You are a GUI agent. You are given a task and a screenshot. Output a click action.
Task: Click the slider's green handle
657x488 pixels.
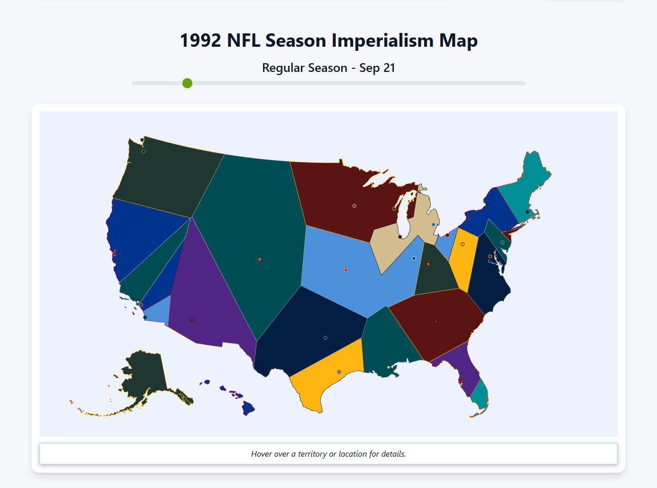[x=187, y=83]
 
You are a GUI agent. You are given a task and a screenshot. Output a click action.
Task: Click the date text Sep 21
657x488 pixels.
[x=377, y=68]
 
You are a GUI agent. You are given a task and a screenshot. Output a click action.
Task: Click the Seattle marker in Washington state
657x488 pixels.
[x=144, y=152]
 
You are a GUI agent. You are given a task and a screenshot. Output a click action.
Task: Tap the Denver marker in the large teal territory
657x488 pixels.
[x=260, y=259]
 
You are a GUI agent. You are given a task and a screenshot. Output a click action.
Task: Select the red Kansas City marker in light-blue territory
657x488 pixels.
[x=346, y=270]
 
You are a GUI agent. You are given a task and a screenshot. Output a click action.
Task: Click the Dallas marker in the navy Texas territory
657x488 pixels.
[x=325, y=338]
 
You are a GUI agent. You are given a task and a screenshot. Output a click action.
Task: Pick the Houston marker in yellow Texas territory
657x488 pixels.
[x=339, y=372]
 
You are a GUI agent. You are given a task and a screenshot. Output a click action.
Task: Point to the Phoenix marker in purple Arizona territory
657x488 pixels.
[x=192, y=320]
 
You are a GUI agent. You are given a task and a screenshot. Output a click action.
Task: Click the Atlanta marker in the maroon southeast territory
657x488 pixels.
[x=436, y=322]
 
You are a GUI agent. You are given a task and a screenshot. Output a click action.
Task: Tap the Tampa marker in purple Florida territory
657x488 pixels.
[x=461, y=381]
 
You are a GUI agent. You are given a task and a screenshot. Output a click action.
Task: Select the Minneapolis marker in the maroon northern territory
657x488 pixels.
[x=354, y=206]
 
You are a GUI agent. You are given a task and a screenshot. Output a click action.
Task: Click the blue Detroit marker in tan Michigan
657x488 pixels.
[x=434, y=225]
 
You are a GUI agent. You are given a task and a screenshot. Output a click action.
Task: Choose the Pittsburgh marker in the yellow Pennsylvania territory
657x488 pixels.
[x=462, y=245]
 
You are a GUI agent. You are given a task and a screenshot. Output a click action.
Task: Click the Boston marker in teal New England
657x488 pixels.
[x=527, y=212]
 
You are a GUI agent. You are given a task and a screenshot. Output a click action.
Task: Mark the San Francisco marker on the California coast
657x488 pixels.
[x=114, y=254]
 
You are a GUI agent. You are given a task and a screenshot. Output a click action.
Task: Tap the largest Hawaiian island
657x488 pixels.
[x=248, y=409]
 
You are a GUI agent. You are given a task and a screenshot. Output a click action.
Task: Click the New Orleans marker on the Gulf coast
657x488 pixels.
[x=389, y=367]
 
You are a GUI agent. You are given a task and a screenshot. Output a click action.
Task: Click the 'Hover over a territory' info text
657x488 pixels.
[x=328, y=454]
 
